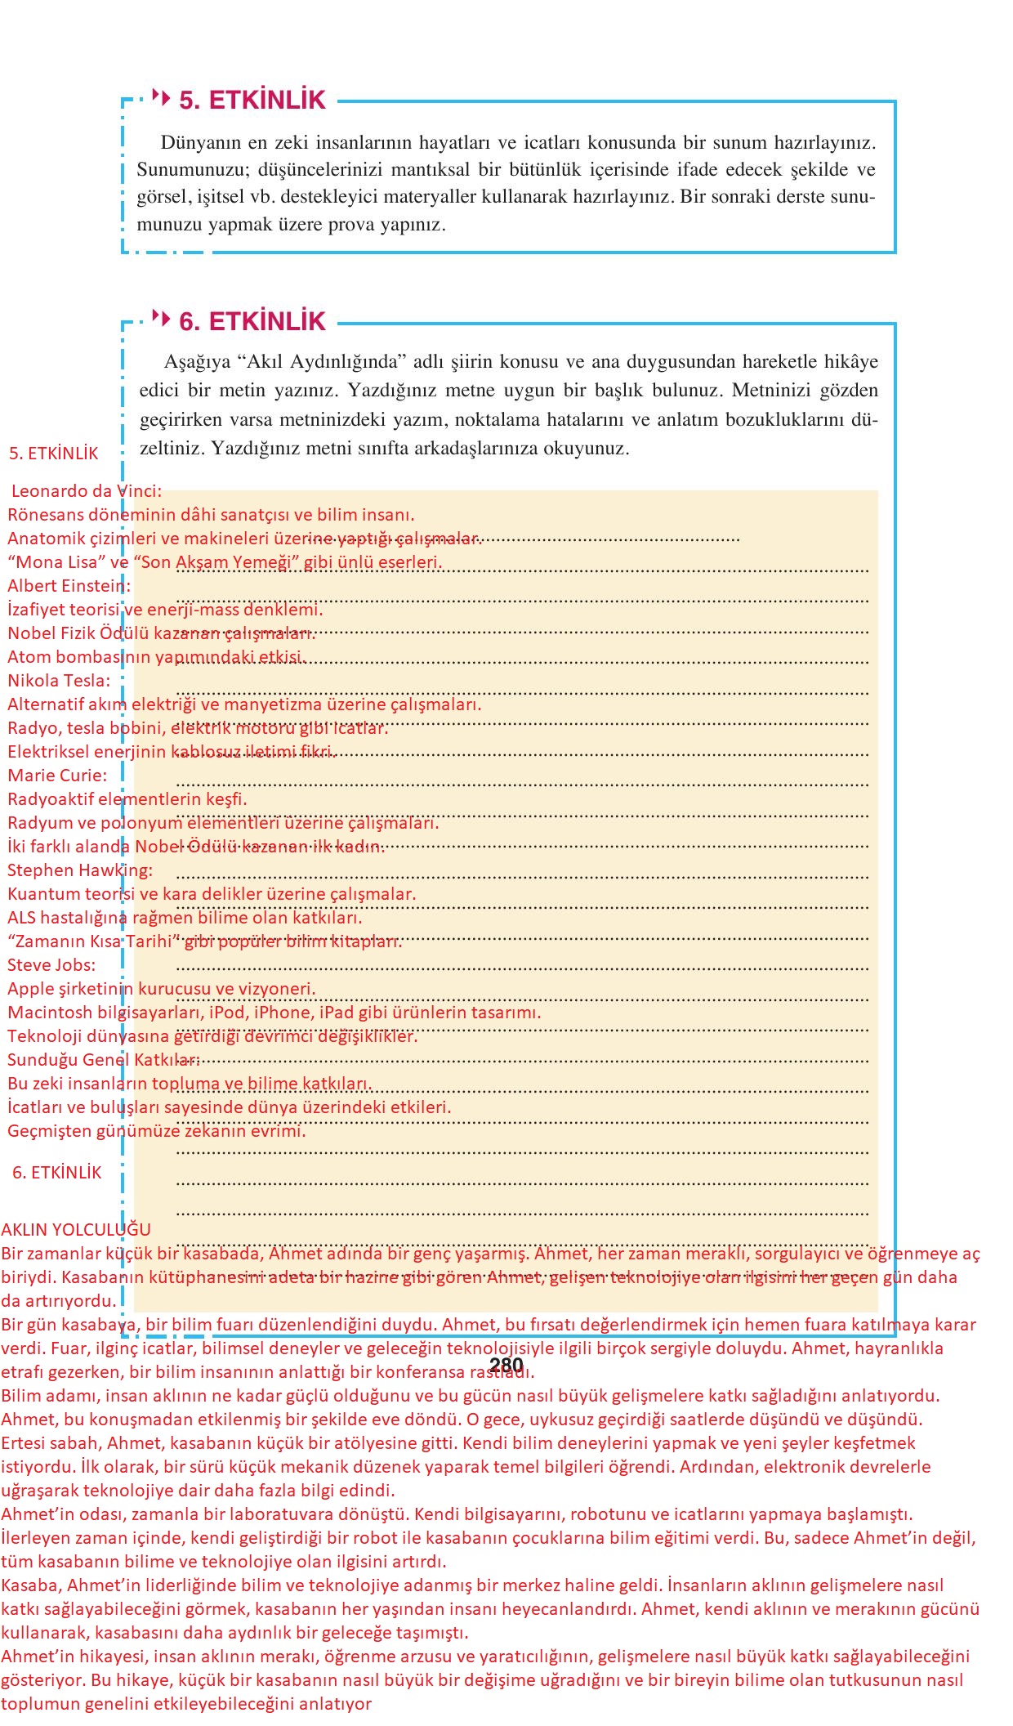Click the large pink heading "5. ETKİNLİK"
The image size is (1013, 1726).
point(252,101)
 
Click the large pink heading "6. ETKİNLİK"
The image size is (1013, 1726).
point(252,322)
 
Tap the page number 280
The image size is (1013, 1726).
point(506,1365)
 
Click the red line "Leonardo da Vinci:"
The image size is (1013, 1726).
point(87,491)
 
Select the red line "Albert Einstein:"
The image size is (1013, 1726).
point(69,586)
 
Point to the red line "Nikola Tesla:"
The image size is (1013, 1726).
point(59,681)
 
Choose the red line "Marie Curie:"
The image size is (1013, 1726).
point(57,776)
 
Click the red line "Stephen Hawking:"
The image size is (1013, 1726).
point(80,870)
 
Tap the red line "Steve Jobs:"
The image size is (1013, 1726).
point(51,965)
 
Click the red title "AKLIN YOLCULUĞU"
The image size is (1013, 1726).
point(76,1230)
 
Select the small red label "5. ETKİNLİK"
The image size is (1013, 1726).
point(54,454)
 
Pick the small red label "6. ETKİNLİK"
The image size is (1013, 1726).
point(57,1173)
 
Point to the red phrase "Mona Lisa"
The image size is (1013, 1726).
point(59,562)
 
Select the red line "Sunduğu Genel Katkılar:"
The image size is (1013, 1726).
point(104,1060)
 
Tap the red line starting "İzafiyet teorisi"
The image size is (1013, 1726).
point(165,610)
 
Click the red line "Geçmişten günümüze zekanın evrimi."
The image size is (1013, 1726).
point(157,1131)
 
